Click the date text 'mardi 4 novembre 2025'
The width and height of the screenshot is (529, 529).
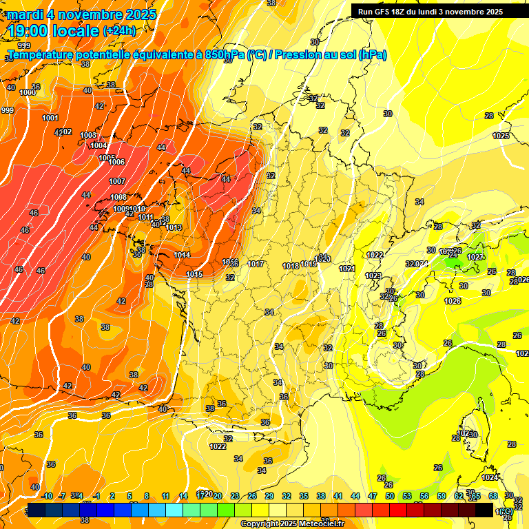pyautogui.click(x=82, y=14)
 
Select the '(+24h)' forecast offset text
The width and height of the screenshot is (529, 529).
pyautogui.click(x=119, y=31)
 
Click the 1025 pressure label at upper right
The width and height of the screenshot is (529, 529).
pyautogui.click(x=501, y=136)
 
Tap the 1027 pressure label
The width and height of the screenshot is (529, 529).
pyautogui.click(x=475, y=257)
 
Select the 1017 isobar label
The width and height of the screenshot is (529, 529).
pyautogui.click(x=256, y=264)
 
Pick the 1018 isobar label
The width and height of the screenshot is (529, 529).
pyautogui.click(x=291, y=266)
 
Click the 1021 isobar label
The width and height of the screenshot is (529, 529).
pyautogui.click(x=347, y=269)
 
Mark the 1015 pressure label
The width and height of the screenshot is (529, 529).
pyautogui.click(x=194, y=274)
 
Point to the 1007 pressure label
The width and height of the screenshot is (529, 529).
pyautogui.click(x=117, y=181)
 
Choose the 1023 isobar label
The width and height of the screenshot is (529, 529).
pyautogui.click(x=373, y=276)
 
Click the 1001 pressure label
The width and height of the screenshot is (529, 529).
pyautogui.click(x=50, y=118)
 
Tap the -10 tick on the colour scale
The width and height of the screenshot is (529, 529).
pyautogui.click(x=47, y=496)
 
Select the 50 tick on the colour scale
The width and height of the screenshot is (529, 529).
pyautogui.click(x=390, y=496)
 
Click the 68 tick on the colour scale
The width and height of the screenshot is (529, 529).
pyautogui.click(x=493, y=496)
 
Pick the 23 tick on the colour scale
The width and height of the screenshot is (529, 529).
pyautogui.click(x=235, y=496)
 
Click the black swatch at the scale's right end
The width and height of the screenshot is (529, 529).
pyautogui.click(x=484, y=509)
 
